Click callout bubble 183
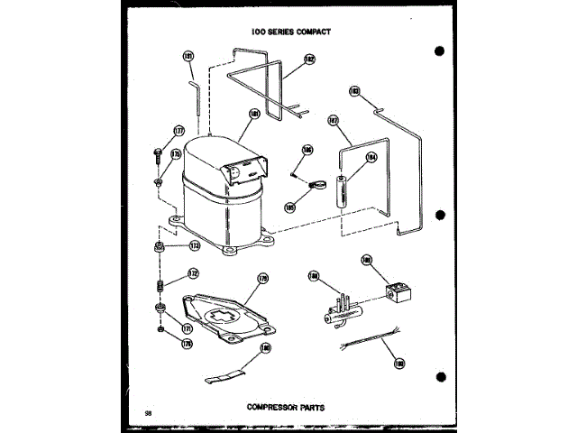(x=354, y=91)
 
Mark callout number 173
(x=195, y=246)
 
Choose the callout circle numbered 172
(x=193, y=273)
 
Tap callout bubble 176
(x=188, y=343)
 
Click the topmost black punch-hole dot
(x=439, y=51)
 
